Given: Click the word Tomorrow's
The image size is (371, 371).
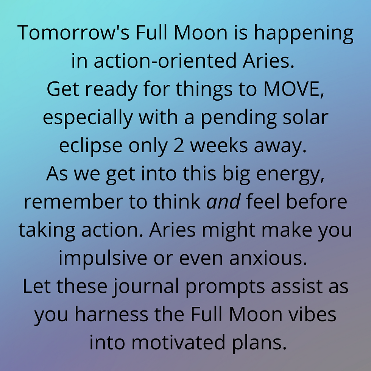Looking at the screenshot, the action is click(73, 33).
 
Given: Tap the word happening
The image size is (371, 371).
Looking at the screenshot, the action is click(304, 34).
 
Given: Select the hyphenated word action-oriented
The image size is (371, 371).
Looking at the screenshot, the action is click(165, 61).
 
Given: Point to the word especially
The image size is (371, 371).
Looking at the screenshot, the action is click(87, 118).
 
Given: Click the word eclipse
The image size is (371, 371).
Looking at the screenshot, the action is click(90, 147).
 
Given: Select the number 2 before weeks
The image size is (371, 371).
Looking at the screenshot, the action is click(179, 145).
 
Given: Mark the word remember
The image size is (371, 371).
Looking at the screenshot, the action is click(73, 201).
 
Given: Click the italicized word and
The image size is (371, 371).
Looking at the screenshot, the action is click(224, 201).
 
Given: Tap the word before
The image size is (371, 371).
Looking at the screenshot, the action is click(316, 201).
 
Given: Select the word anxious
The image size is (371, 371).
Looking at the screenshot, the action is click(268, 258).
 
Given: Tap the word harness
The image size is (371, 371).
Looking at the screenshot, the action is click(112, 314).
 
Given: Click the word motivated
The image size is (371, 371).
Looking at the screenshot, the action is click(178, 342).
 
